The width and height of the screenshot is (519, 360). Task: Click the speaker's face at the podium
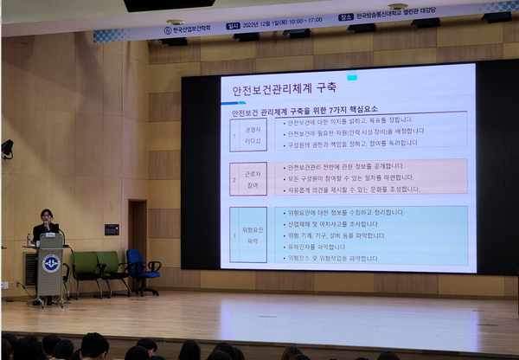coord(46,216)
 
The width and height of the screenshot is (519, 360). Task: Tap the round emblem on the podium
coord(51,263)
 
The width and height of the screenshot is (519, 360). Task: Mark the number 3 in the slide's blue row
coord(235,235)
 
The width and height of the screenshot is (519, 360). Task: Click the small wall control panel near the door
coord(112,229)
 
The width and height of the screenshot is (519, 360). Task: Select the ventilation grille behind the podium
coord(30,268)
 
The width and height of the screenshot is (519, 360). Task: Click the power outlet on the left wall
coord(4,284)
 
